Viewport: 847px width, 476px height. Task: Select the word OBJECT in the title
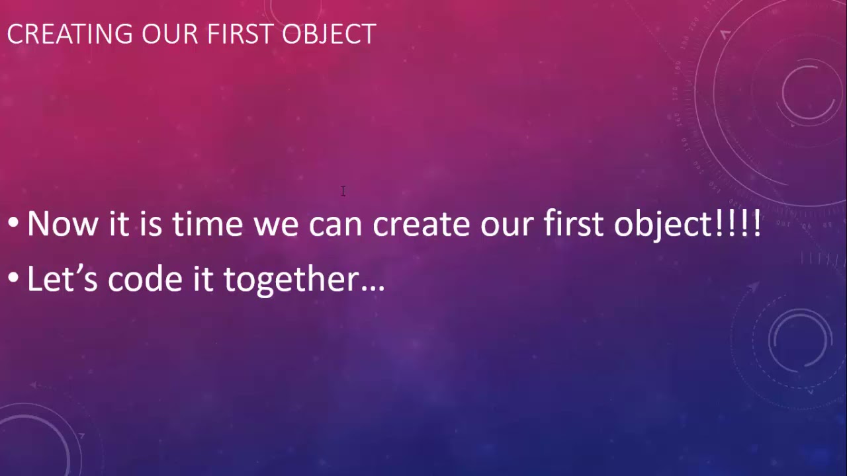pos(329,34)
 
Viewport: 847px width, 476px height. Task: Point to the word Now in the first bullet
pos(64,224)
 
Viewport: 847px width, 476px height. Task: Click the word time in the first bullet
pos(207,224)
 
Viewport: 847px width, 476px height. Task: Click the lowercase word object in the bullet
pos(662,224)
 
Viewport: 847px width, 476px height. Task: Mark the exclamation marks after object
pos(738,224)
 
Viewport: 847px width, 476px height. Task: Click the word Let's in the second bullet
pos(62,280)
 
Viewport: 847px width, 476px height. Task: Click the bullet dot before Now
pos(13,225)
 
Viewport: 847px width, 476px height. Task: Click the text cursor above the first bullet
pos(343,191)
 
